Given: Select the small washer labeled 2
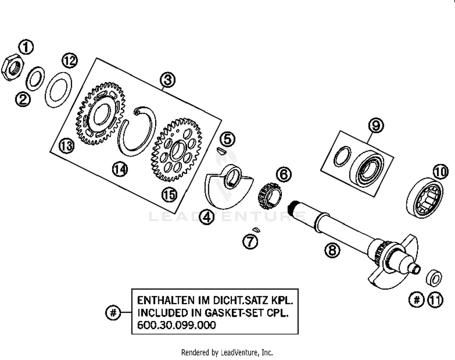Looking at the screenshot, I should [35, 78].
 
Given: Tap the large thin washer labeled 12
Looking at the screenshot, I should [58, 90].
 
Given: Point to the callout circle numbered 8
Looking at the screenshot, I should [332, 250].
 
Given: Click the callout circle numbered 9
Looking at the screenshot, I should [376, 125].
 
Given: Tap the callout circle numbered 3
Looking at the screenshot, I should [168, 80].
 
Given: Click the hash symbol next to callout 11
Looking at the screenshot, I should [417, 300].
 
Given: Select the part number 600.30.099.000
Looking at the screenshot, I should [177, 325].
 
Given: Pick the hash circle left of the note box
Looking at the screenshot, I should [113, 312].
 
